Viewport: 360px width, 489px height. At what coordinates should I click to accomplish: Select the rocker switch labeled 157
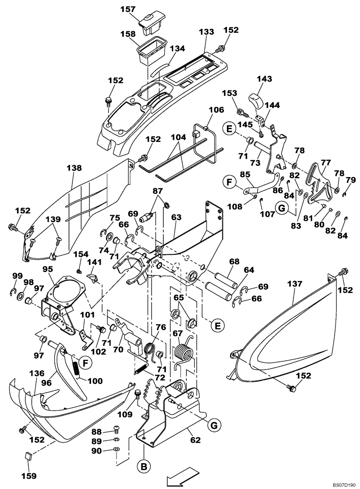pyautogui.click(x=148, y=22)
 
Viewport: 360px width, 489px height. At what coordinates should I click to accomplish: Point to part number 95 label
pyautogui.click(x=47, y=269)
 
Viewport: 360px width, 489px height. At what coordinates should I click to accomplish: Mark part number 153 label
pyautogui.click(x=229, y=93)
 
